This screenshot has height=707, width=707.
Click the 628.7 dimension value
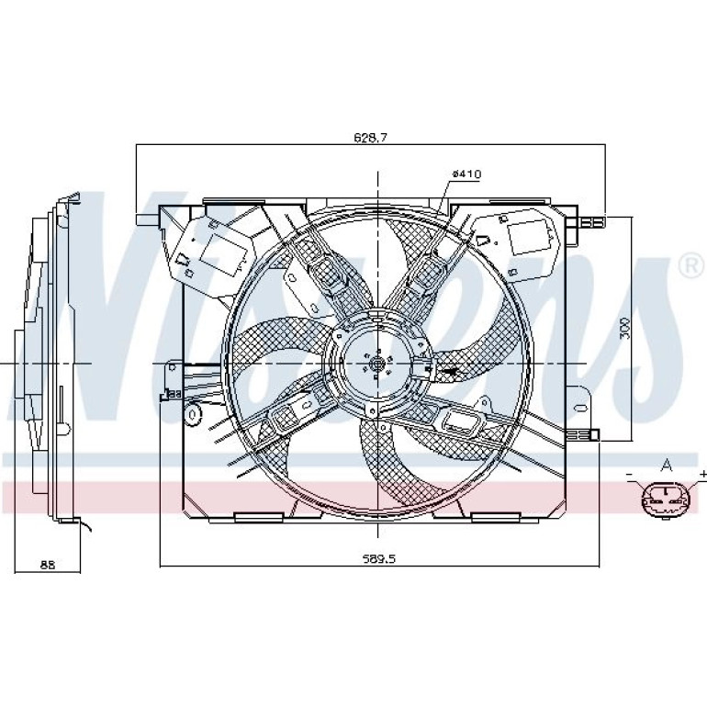pyautogui.click(x=371, y=138)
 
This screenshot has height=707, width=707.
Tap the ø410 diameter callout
pyautogui.click(x=466, y=174)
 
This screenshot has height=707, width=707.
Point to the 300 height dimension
pyautogui.click(x=625, y=329)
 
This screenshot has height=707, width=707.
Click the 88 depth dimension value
pyautogui.click(x=48, y=564)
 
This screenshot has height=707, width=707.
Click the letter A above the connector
pyautogui.click(x=666, y=465)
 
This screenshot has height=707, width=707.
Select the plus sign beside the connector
pyautogui.click(x=702, y=474)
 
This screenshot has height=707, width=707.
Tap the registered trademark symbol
pyautogui.click(x=692, y=266)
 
